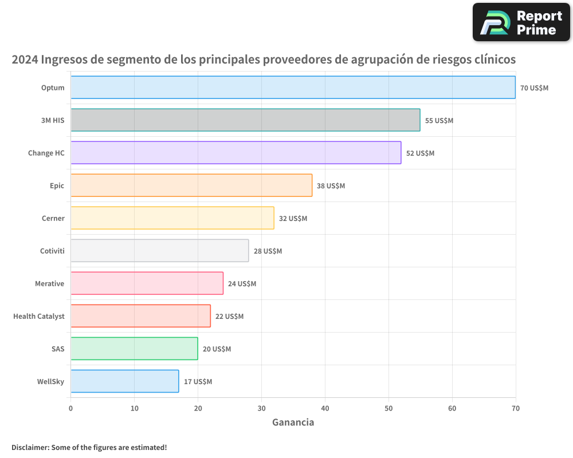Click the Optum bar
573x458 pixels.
pyautogui.click(x=293, y=88)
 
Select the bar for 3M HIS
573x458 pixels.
pyautogui.click(x=245, y=120)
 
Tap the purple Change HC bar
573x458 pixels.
pyautogui.click(x=236, y=153)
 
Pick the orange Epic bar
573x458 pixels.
pyautogui.click(x=191, y=185)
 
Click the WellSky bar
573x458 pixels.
pyautogui.click(x=124, y=381)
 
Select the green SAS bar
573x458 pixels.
pyautogui.click(x=134, y=349)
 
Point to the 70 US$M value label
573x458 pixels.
pyautogui.click(x=534, y=88)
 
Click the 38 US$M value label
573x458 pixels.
pyautogui.click(x=331, y=186)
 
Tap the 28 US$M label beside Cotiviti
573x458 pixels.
pyautogui.click(x=268, y=251)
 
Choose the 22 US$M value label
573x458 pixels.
pyautogui.click(x=229, y=317)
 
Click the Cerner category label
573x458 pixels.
pyautogui.click(x=53, y=218)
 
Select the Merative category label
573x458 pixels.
pyautogui.click(x=49, y=283)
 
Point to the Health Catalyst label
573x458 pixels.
pyautogui.click(x=39, y=316)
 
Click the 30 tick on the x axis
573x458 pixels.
pyautogui.click(x=261, y=408)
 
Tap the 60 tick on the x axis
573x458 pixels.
pyautogui.click(x=452, y=408)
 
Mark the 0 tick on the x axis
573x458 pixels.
pyautogui.click(x=70, y=408)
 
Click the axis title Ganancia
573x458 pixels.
pyautogui.click(x=293, y=423)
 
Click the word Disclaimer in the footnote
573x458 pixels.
pyautogui.click(x=30, y=447)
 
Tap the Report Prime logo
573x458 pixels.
pyautogui.click(x=521, y=22)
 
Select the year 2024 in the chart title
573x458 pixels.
pyautogui.click(x=25, y=60)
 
